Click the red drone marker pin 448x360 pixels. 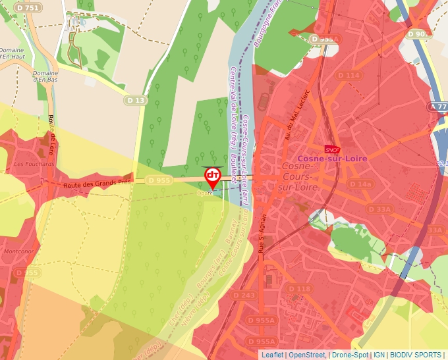pyautogui.click(x=213, y=176)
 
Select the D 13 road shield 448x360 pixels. pyautogui.click(x=135, y=100)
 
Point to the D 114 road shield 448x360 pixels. pyautogui.click(x=349, y=76)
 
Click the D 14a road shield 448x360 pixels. pyautogui.click(x=361, y=184)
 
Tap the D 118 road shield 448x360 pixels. pyautogui.click(x=299, y=289)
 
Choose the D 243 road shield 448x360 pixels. pyautogui.click(x=244, y=295)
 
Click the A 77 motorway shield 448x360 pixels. pyautogui.click(x=438, y=106)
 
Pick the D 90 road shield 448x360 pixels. pyautogui.click(x=418, y=34)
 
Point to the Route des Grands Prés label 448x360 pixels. pyautogui.click(x=96, y=185)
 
